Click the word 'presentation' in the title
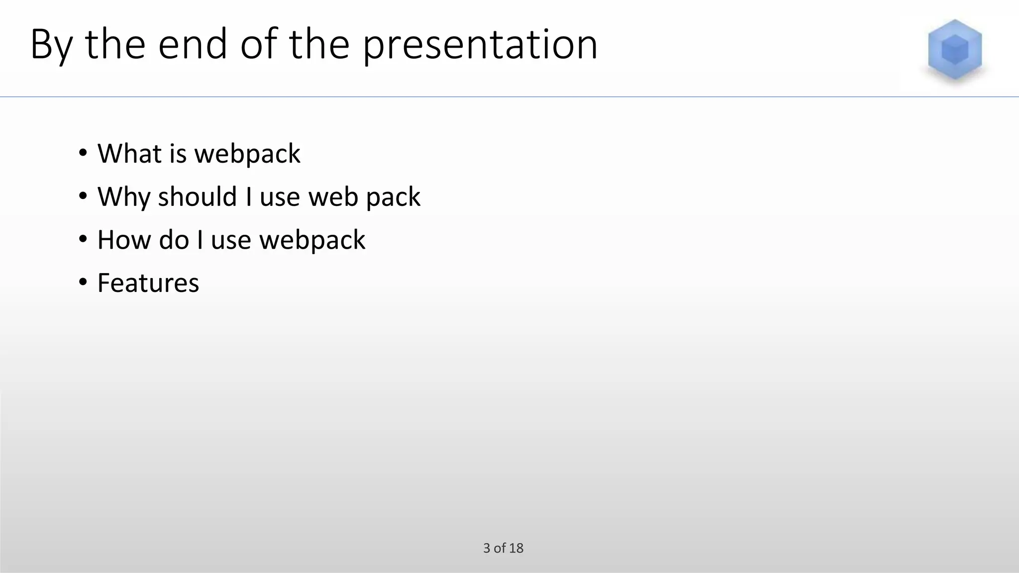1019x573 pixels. click(480, 45)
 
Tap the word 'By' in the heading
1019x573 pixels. click(52, 45)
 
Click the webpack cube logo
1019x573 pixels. click(954, 50)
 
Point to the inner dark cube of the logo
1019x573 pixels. click(955, 50)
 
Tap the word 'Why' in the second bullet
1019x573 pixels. click(124, 197)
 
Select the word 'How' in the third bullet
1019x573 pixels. click(124, 240)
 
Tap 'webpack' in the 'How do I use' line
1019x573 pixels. click(312, 241)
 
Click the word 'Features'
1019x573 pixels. click(148, 283)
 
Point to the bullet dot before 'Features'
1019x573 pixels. click(83, 283)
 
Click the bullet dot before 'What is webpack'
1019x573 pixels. click(83, 153)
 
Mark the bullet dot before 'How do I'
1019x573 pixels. click(83, 239)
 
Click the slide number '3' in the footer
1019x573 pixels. click(487, 548)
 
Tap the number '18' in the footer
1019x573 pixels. click(516, 548)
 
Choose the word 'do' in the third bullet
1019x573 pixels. click(174, 240)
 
